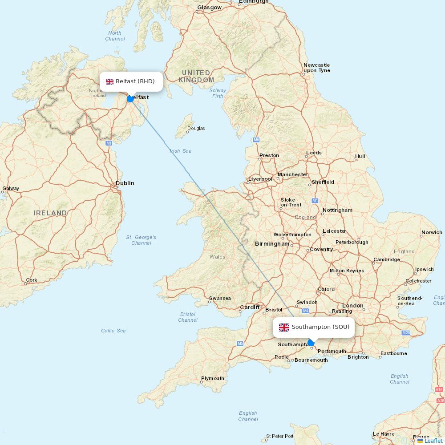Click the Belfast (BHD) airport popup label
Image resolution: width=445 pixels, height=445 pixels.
(x=131, y=81)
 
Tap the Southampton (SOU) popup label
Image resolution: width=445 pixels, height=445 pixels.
(x=314, y=327)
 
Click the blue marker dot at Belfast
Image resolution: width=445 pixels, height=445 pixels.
(x=130, y=99)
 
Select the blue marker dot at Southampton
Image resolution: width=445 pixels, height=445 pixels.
(x=311, y=343)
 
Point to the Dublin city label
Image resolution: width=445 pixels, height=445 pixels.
(x=125, y=183)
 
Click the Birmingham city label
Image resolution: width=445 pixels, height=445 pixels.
(x=272, y=244)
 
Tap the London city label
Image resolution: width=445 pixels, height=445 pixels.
(x=353, y=306)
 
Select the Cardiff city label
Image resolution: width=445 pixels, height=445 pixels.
(x=250, y=307)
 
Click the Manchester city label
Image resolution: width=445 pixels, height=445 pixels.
(x=292, y=174)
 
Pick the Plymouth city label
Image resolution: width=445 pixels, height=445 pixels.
(x=213, y=379)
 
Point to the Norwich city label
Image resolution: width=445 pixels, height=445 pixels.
(x=432, y=232)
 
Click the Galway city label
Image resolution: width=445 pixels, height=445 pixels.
(x=11, y=188)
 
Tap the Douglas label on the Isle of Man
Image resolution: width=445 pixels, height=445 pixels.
(x=196, y=129)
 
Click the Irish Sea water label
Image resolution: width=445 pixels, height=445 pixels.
(x=181, y=151)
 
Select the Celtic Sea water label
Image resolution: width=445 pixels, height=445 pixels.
(x=113, y=331)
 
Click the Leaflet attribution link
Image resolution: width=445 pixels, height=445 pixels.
(x=433, y=441)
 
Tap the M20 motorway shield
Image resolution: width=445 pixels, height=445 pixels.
(x=405, y=333)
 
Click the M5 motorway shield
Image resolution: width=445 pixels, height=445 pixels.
(x=240, y=344)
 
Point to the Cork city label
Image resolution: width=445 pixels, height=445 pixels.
(x=32, y=280)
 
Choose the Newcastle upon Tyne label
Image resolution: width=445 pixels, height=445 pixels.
(x=317, y=68)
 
